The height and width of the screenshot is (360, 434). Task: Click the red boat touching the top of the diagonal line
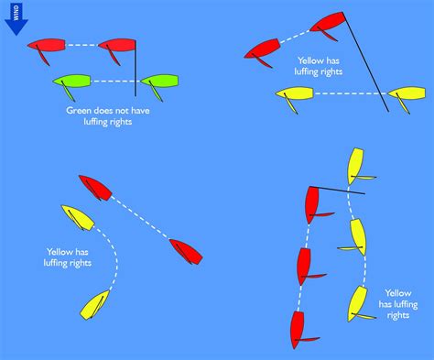pos(328,22)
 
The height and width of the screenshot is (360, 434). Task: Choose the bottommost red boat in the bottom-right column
pos(297,327)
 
